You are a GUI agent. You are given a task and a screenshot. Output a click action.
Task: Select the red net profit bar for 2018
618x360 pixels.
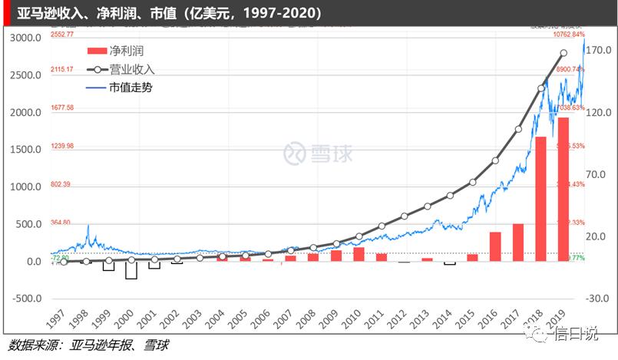pos(540,200)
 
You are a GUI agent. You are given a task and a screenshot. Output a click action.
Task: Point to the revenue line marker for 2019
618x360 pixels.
pos(563,53)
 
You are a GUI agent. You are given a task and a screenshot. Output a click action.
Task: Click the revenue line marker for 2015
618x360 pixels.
pos(473,182)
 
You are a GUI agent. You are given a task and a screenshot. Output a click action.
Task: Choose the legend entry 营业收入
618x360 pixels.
pos(131,70)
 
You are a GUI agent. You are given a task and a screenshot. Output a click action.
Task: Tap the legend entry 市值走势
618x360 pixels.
pos(131,88)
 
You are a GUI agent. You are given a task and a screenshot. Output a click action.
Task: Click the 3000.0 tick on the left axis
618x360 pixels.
pos(25,38)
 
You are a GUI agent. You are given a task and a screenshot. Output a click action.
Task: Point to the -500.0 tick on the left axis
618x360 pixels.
pos(25,299)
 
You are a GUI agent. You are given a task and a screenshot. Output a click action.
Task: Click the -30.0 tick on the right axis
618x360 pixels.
pos(600,299)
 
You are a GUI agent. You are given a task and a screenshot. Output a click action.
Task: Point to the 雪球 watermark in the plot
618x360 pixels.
pos(319,154)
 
